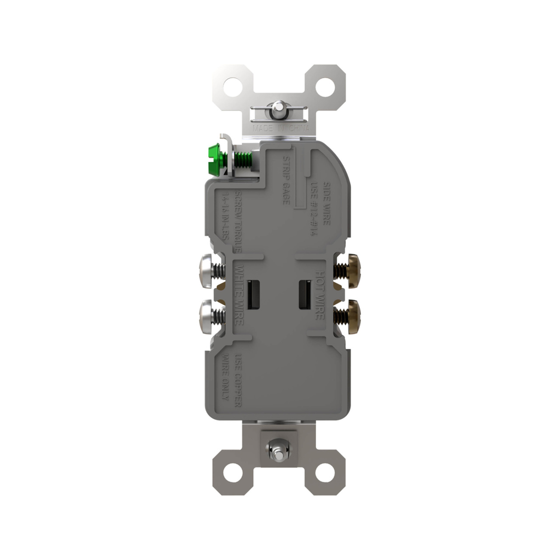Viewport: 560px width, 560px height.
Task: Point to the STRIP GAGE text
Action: tap(285, 180)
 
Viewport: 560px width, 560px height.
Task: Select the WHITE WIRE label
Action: tap(238, 294)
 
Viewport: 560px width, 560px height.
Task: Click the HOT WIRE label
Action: tap(320, 294)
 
